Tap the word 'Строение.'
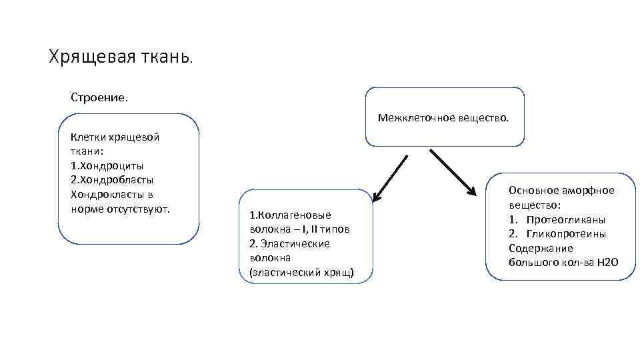[99, 97]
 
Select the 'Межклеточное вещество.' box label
[443, 118]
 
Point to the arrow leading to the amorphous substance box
[453, 171]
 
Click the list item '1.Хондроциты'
[107, 166]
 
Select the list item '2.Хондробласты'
[112, 180]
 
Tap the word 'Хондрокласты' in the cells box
[103, 195]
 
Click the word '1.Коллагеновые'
[289, 215]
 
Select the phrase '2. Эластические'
[289, 244]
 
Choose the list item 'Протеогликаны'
[566, 219]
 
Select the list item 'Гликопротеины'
[566, 234]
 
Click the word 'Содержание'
[541, 248]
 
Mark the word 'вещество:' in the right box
[535, 205]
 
